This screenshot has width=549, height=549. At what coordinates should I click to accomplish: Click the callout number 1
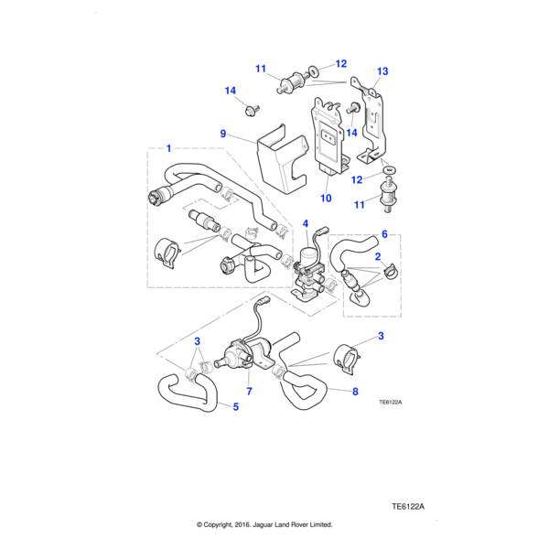click(x=168, y=146)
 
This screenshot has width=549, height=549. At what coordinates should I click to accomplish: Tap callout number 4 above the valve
click(x=306, y=222)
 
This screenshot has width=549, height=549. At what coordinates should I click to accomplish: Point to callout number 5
click(x=235, y=405)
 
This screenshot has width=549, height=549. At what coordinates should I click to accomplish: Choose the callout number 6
click(x=384, y=233)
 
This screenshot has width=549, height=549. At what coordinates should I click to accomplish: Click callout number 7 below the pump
click(x=249, y=392)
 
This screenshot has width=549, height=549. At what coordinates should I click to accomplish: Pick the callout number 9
click(x=221, y=134)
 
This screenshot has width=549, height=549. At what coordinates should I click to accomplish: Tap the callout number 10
click(x=325, y=198)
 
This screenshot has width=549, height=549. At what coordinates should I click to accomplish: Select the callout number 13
click(x=382, y=71)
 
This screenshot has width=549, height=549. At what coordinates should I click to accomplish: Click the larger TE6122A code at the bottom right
click(x=409, y=506)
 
